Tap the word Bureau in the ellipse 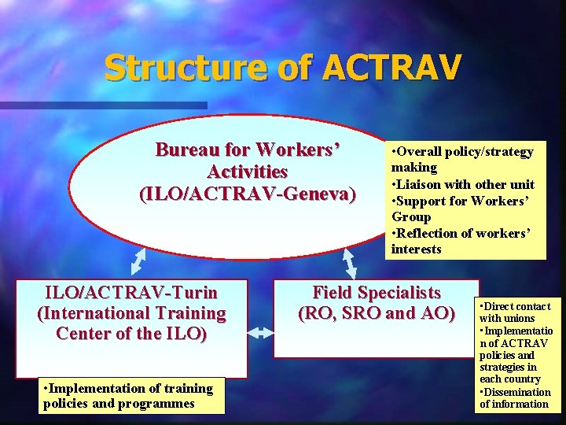[x=192, y=149]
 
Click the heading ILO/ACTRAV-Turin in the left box [x=131, y=293]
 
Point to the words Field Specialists [x=377, y=293]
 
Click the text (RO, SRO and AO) [x=377, y=313]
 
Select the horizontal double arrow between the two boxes [x=260, y=334]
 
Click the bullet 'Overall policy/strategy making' [x=462, y=159]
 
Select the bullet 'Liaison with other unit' [x=464, y=184]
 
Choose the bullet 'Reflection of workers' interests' [x=461, y=241]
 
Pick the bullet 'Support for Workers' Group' [x=461, y=208]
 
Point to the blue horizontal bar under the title [x=102, y=105]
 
